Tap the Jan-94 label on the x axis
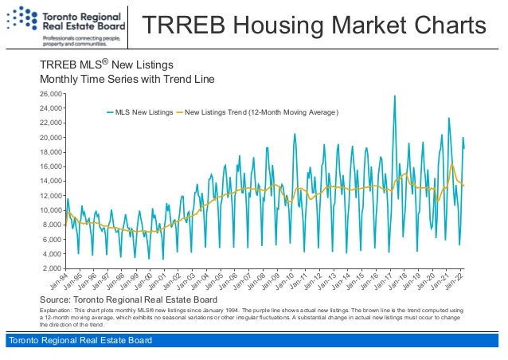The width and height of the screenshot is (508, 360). tap(58, 281)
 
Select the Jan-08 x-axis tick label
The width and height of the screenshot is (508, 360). tap(257, 281)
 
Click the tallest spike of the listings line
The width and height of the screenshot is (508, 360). tap(394, 96)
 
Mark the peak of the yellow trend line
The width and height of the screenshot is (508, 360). tap(452, 165)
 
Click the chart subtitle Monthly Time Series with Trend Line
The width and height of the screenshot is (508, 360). tap(127, 80)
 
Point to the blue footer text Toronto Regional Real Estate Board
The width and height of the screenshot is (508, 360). tap(78, 342)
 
